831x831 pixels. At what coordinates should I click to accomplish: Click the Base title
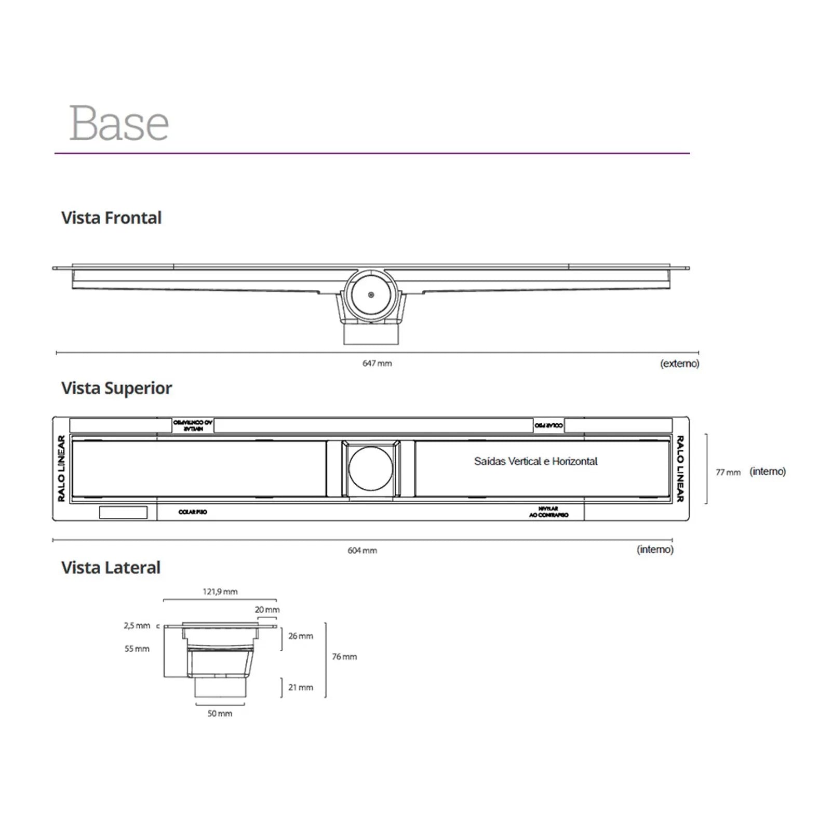pos(119,124)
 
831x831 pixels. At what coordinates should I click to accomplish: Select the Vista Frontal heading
pos(111,218)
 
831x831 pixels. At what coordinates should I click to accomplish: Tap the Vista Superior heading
pos(116,388)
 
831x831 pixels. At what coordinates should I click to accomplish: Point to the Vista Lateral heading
pos(111,568)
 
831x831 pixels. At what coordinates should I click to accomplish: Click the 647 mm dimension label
pos(377,364)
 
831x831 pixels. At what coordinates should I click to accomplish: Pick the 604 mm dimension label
pos(362,551)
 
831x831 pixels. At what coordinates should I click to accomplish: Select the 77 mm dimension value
pos(728,472)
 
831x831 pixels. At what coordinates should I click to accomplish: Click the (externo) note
pos(679,364)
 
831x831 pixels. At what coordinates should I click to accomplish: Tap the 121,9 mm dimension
pos(220,592)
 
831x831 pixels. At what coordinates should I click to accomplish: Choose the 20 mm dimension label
pos(267,610)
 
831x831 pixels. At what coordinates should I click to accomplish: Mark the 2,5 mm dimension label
pos(137,626)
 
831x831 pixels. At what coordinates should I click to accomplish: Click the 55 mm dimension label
pos(137,649)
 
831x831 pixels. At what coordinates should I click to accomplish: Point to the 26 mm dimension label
pos(301,636)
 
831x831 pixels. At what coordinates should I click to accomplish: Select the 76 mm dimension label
pos(344,657)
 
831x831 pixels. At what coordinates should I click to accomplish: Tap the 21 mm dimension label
pos(301,688)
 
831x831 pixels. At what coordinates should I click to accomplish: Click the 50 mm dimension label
pos(220,714)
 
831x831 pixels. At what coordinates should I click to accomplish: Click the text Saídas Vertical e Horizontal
pos(535,461)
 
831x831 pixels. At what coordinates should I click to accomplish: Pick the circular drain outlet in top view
pos(371,468)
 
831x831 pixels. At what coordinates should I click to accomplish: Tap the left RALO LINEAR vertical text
pos(61,468)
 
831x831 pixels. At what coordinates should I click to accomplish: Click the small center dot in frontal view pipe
pos(371,295)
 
